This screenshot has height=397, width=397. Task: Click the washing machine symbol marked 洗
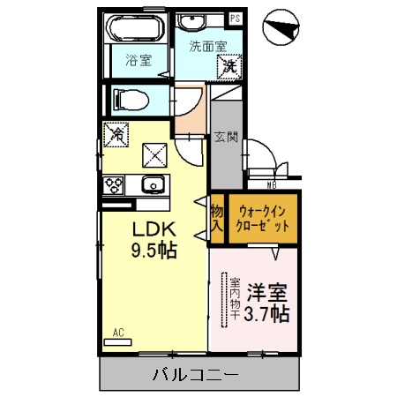(x=228, y=64)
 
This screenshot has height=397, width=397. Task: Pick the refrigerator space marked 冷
(x=116, y=135)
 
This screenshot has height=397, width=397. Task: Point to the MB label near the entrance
(x=272, y=185)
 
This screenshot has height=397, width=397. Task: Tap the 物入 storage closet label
(x=216, y=218)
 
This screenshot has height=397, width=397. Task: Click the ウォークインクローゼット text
(x=262, y=218)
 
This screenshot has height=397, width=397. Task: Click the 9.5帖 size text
(x=155, y=250)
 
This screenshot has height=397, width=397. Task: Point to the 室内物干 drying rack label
(x=236, y=301)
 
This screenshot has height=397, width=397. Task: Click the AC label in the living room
(x=117, y=333)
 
